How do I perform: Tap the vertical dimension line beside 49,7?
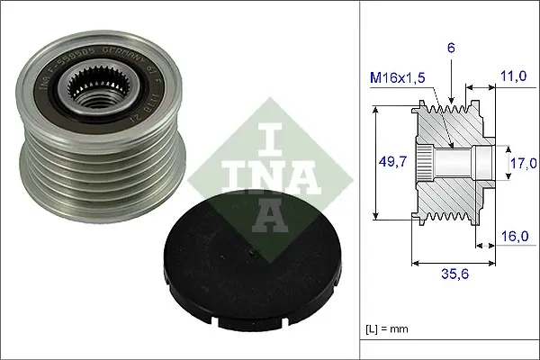click(374, 162)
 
